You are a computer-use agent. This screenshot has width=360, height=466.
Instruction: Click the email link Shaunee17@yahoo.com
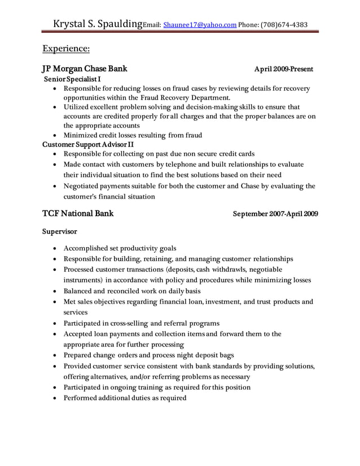point(200,25)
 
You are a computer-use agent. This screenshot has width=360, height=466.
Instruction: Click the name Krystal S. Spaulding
point(98,24)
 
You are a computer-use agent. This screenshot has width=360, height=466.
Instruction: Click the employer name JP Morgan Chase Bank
point(85,69)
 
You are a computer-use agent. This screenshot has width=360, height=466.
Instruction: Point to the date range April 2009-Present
point(284,69)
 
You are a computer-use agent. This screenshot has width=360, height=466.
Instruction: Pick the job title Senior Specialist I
point(73,80)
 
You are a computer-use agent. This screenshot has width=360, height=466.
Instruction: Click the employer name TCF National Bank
point(78,214)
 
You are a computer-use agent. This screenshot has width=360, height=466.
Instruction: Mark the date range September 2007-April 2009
point(276,214)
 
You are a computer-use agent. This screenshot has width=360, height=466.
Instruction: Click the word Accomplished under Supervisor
point(87,248)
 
